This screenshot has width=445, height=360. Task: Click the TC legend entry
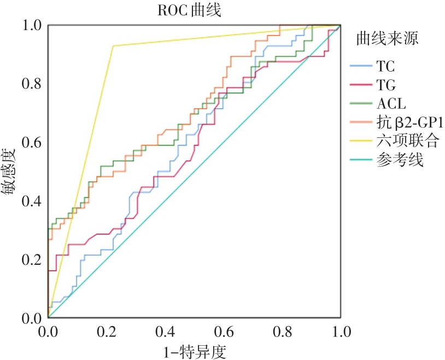[x=385, y=67]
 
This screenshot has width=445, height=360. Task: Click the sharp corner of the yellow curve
[x=113, y=46]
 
